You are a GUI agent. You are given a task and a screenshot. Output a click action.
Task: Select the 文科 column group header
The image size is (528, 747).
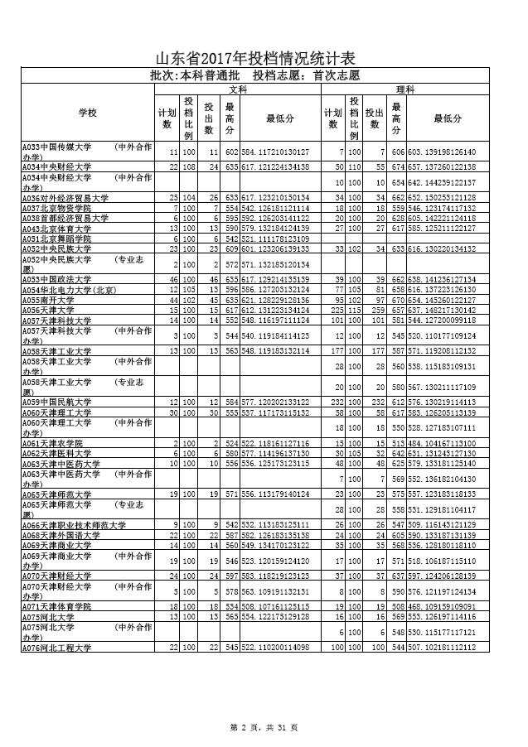[239, 89]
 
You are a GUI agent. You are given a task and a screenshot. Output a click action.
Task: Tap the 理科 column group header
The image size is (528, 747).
[406, 89]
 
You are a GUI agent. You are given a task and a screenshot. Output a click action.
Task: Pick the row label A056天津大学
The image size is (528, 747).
[46, 309]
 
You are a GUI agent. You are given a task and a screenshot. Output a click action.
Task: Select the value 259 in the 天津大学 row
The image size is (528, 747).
[377, 309]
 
